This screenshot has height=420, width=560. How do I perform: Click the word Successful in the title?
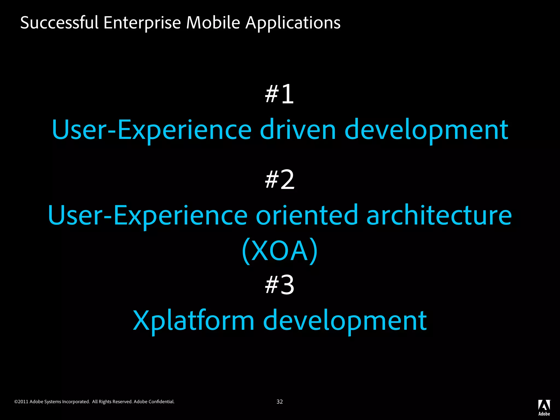tap(59, 22)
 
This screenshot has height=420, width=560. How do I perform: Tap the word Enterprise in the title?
tap(142, 23)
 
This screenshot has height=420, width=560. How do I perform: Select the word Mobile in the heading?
tap(213, 22)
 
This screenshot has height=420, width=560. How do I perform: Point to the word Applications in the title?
tap(293, 23)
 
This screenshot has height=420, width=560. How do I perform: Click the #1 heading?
tap(279, 94)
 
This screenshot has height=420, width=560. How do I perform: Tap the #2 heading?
tap(280, 180)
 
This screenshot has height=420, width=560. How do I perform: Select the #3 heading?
tap(280, 285)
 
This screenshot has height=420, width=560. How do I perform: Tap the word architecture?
tap(439, 215)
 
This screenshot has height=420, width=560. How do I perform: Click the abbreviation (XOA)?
tap(280, 251)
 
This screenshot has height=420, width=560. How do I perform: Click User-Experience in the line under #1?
tap(151, 130)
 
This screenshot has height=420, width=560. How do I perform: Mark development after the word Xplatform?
tap(345, 320)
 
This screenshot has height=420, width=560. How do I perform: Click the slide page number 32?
tap(279, 402)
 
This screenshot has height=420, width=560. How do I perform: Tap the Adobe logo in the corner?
tap(544, 407)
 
